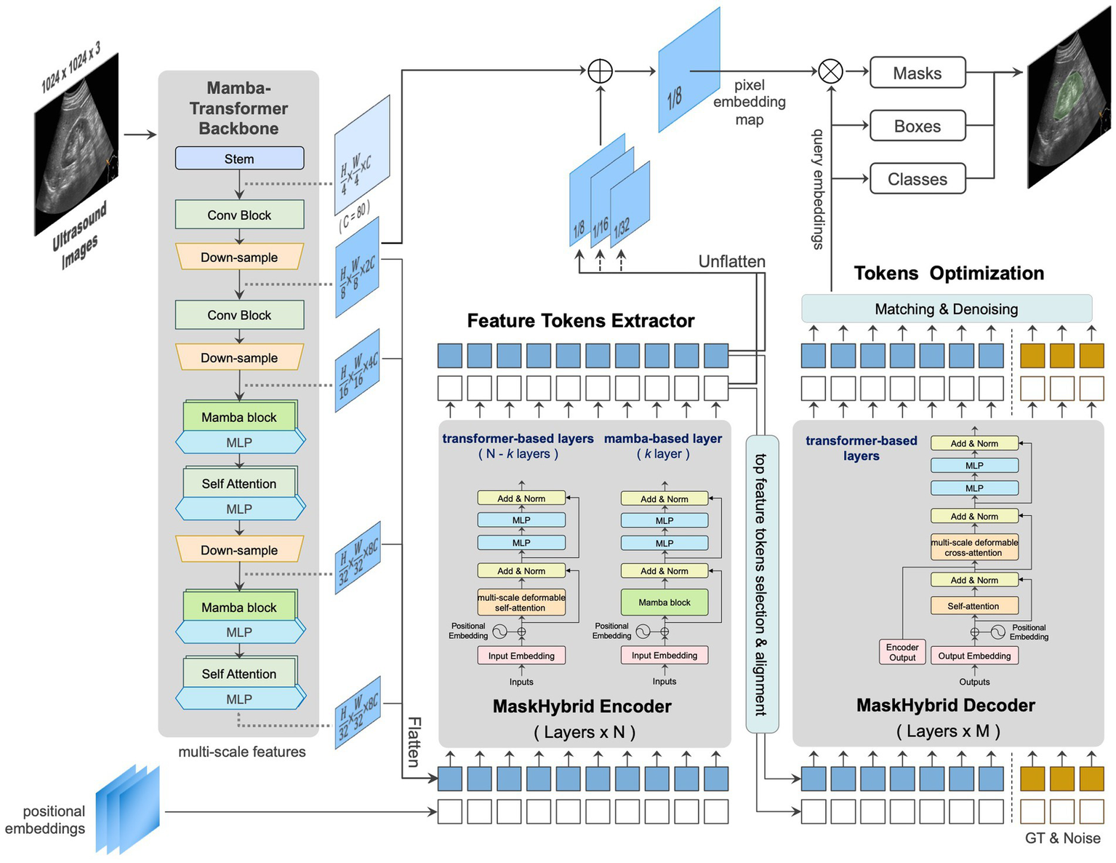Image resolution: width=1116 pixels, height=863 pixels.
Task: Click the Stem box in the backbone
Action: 239,159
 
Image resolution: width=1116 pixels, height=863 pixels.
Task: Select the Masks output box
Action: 917,73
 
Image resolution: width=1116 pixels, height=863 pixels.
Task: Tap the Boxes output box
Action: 917,126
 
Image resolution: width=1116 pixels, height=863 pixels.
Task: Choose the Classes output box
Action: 917,179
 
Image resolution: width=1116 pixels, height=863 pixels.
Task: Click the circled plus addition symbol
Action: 600,71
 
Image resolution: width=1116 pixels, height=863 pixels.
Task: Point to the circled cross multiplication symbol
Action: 830,71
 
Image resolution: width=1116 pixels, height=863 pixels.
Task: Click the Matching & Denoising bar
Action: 946,309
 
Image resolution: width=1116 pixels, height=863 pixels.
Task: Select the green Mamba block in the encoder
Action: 664,602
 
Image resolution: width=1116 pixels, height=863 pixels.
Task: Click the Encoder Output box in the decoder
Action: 902,652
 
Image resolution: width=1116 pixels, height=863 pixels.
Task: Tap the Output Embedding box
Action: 974,656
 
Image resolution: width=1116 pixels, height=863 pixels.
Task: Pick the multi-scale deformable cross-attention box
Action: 974,547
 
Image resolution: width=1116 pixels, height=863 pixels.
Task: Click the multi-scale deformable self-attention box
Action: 521,602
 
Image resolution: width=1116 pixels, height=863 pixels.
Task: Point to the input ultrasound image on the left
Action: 76,146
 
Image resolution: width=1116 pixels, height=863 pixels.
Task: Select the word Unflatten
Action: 731,261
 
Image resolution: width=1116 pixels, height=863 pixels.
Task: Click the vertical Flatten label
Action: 414,742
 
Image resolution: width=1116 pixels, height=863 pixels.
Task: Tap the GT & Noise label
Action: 1062,838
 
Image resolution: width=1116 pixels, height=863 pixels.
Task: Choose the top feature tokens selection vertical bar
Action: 762,582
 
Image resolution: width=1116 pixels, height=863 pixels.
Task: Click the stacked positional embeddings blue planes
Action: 127,809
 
